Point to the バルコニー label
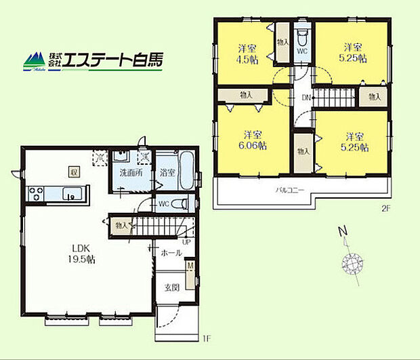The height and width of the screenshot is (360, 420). click(x=290, y=191)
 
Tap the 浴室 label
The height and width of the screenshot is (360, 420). click(x=168, y=173)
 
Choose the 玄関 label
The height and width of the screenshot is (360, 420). click(x=171, y=287)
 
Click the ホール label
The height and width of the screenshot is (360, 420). click(x=171, y=252)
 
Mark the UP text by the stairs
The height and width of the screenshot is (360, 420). click(x=186, y=241)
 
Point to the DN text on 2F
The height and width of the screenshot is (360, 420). click(x=306, y=98)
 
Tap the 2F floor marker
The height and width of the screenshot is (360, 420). click(x=385, y=209)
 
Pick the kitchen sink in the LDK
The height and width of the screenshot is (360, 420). click(x=70, y=195)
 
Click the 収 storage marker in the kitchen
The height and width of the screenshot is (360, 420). click(x=72, y=172)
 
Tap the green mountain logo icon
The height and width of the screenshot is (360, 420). click(x=35, y=62)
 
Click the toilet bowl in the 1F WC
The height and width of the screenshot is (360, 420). click(x=177, y=203)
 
